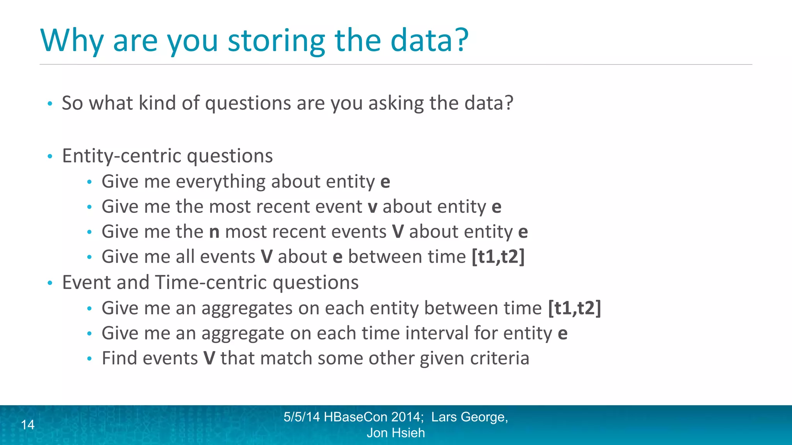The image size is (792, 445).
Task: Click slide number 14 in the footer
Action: tap(28, 425)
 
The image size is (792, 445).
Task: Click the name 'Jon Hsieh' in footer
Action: tap(396, 433)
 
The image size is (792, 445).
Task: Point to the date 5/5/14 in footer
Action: tap(302, 417)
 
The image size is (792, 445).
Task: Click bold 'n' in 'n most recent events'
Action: tap(214, 232)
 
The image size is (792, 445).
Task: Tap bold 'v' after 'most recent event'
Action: tap(372, 207)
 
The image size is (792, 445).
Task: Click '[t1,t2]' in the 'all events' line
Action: tap(498, 257)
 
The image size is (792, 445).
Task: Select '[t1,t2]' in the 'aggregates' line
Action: tap(574, 308)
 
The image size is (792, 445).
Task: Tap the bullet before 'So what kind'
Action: tap(49, 104)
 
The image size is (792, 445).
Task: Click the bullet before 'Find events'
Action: tap(89, 359)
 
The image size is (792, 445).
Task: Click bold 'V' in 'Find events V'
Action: tap(209, 358)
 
